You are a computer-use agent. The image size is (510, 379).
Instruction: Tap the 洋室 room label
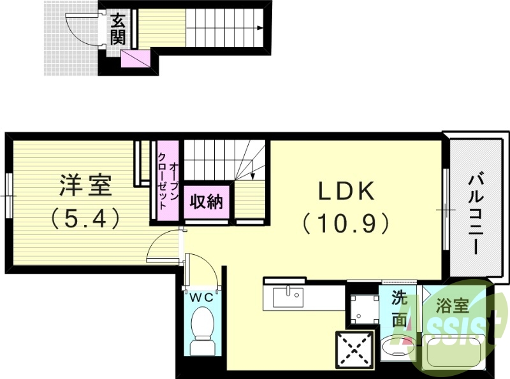click(85, 185)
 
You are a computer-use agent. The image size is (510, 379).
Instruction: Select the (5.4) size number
click(85, 220)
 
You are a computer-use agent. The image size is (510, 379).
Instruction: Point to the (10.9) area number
click(346, 222)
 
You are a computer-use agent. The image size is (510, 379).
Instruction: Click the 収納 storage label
click(205, 202)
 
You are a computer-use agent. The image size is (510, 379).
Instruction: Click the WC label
click(202, 297)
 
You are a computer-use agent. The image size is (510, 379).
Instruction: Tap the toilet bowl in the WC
click(203, 325)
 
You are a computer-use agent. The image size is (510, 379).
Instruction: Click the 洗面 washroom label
click(398, 309)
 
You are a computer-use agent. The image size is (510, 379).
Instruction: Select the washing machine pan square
click(362, 308)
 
